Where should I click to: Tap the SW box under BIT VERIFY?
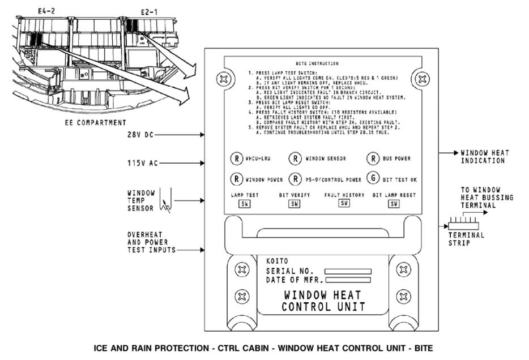tap(294, 204)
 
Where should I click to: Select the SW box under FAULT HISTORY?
tap(344, 203)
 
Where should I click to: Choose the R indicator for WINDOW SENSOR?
tap(295, 158)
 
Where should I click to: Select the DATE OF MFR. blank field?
tap(348, 280)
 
